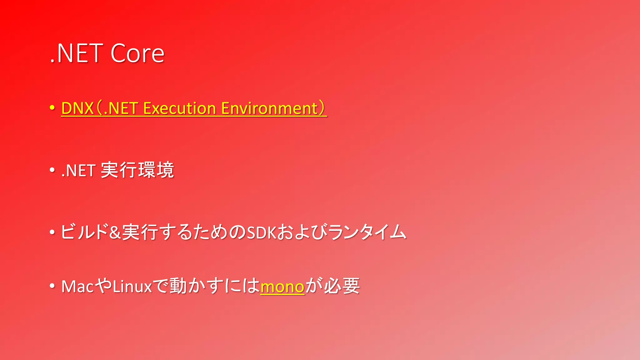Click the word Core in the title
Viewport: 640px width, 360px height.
tap(137, 53)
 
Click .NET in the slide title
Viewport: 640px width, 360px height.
tap(77, 53)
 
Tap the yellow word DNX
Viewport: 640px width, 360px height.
tap(77, 108)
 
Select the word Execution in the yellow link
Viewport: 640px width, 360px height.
tap(179, 108)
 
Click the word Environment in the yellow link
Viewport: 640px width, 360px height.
tap(269, 108)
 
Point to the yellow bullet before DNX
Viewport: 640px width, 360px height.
tap(52, 108)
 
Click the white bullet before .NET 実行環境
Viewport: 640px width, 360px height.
tap(52, 170)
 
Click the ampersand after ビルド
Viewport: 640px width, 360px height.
tap(115, 232)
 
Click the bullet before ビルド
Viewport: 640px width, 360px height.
tap(52, 232)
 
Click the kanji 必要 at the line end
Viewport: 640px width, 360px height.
tap(342, 286)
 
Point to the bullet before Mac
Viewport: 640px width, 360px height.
tap(52, 286)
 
